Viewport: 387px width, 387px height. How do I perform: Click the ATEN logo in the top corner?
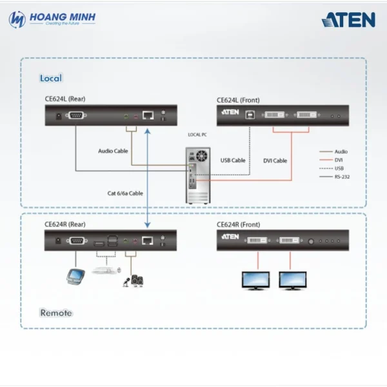coord(348,19)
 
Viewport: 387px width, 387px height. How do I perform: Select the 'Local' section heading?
coord(51,78)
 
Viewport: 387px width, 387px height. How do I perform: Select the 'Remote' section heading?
coord(56,313)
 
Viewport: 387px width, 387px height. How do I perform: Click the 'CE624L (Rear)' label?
coord(64,99)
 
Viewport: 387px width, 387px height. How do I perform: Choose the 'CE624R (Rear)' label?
coord(64,224)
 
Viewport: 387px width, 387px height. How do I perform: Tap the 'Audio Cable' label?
coord(113,151)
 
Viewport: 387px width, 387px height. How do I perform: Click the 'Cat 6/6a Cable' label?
coord(125,193)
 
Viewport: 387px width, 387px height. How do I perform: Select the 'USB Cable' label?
coord(233,161)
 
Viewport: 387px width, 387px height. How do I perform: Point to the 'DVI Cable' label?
coord(275,161)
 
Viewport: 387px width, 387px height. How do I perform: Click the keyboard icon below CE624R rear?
coord(104,270)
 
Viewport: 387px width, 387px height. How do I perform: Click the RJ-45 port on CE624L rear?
coord(148,115)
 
